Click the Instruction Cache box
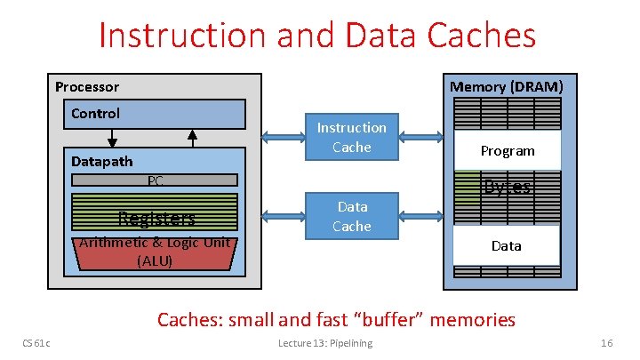coord(351,138)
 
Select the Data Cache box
coord(351,216)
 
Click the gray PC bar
coord(155,180)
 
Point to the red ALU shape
coord(155,253)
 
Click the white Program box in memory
coord(508,150)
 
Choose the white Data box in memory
coord(506,245)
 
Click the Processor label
coord(87,87)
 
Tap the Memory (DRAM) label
coord(506,86)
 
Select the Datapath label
coord(101,161)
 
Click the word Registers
coord(156,219)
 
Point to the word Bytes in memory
coord(508,187)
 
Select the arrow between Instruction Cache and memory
coord(421,138)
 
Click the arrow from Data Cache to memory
coord(421,216)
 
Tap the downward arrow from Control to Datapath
coord(113,138)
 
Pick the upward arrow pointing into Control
coord(191,138)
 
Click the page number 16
coord(607,343)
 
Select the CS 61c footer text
coord(36,343)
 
